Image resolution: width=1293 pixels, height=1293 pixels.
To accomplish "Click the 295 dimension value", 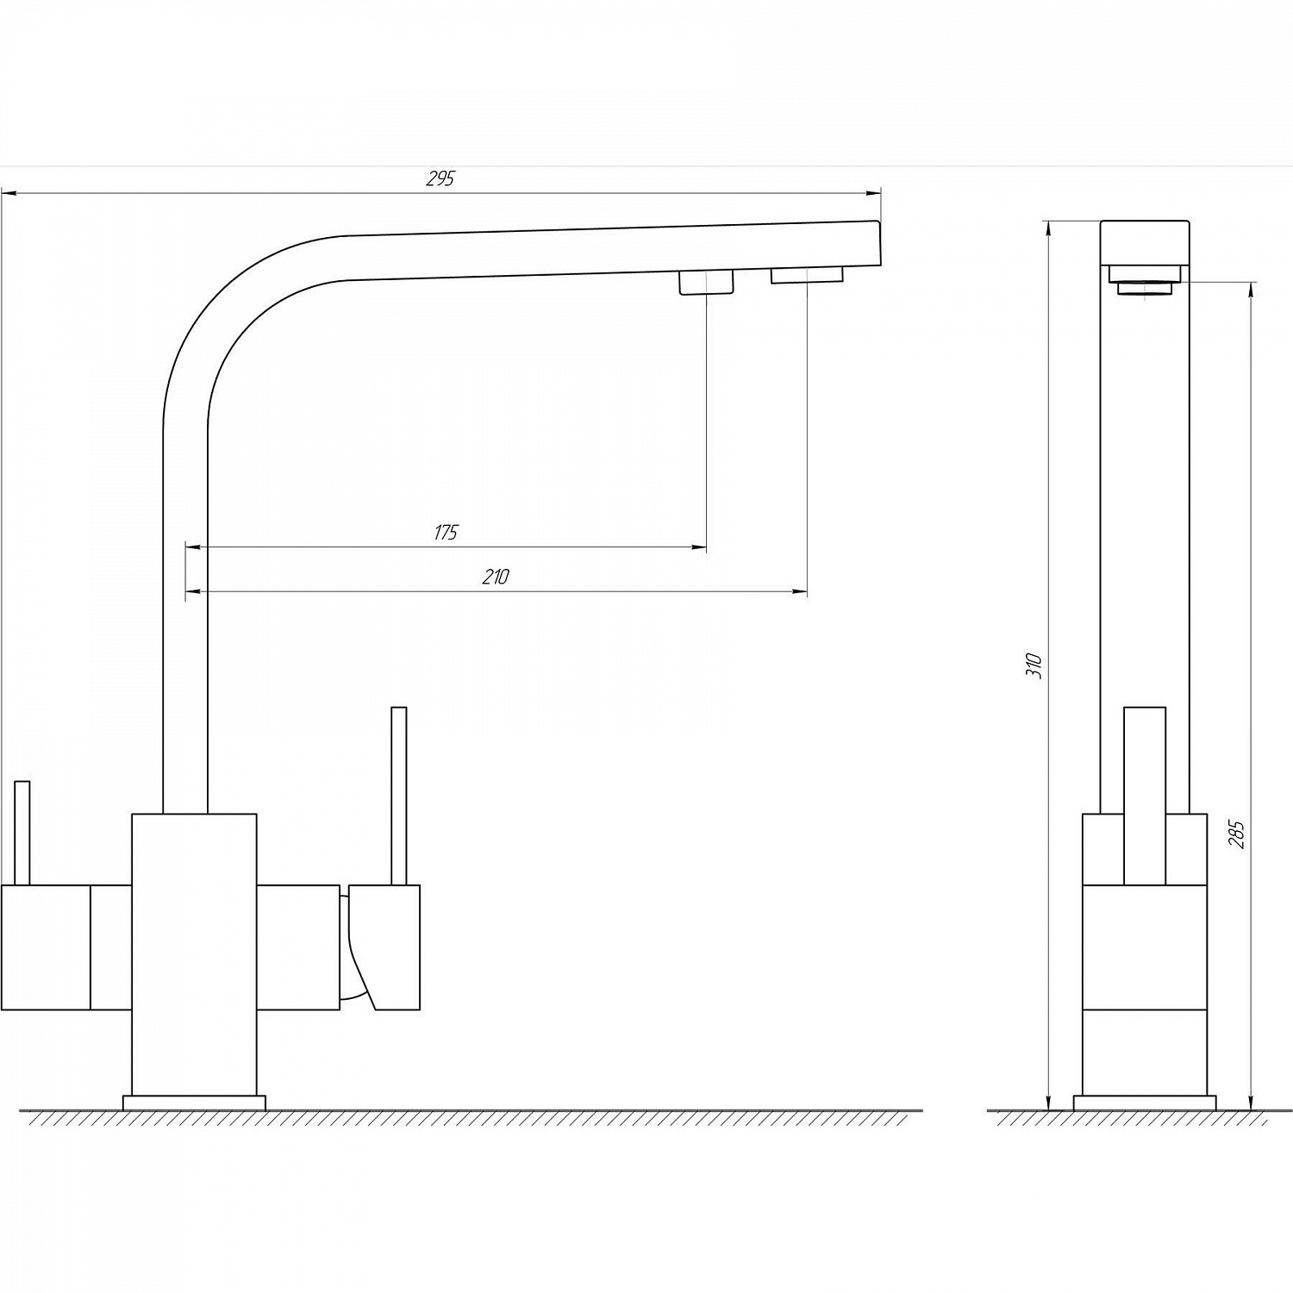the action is pyautogui.click(x=440, y=178).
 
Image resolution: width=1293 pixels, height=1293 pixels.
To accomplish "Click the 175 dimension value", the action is pyautogui.click(x=446, y=533).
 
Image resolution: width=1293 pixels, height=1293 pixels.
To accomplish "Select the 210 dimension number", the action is pyautogui.click(x=496, y=578).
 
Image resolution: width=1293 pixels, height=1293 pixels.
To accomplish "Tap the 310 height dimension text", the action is pyautogui.click(x=1036, y=665).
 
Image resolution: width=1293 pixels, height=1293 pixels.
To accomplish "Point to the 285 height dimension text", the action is pyautogui.click(x=1237, y=834).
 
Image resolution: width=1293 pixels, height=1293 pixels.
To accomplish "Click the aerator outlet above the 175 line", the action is pyautogui.click(x=707, y=282).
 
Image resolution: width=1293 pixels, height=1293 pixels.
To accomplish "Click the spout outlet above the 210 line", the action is pyautogui.click(x=807, y=275).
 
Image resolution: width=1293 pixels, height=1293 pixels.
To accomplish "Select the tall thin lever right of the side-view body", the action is pyautogui.click(x=398, y=796).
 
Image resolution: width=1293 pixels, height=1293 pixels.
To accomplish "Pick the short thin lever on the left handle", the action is pyautogui.click(x=22, y=833).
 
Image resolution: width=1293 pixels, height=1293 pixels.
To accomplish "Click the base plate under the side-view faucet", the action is pyautogui.click(x=1145, y=1102).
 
